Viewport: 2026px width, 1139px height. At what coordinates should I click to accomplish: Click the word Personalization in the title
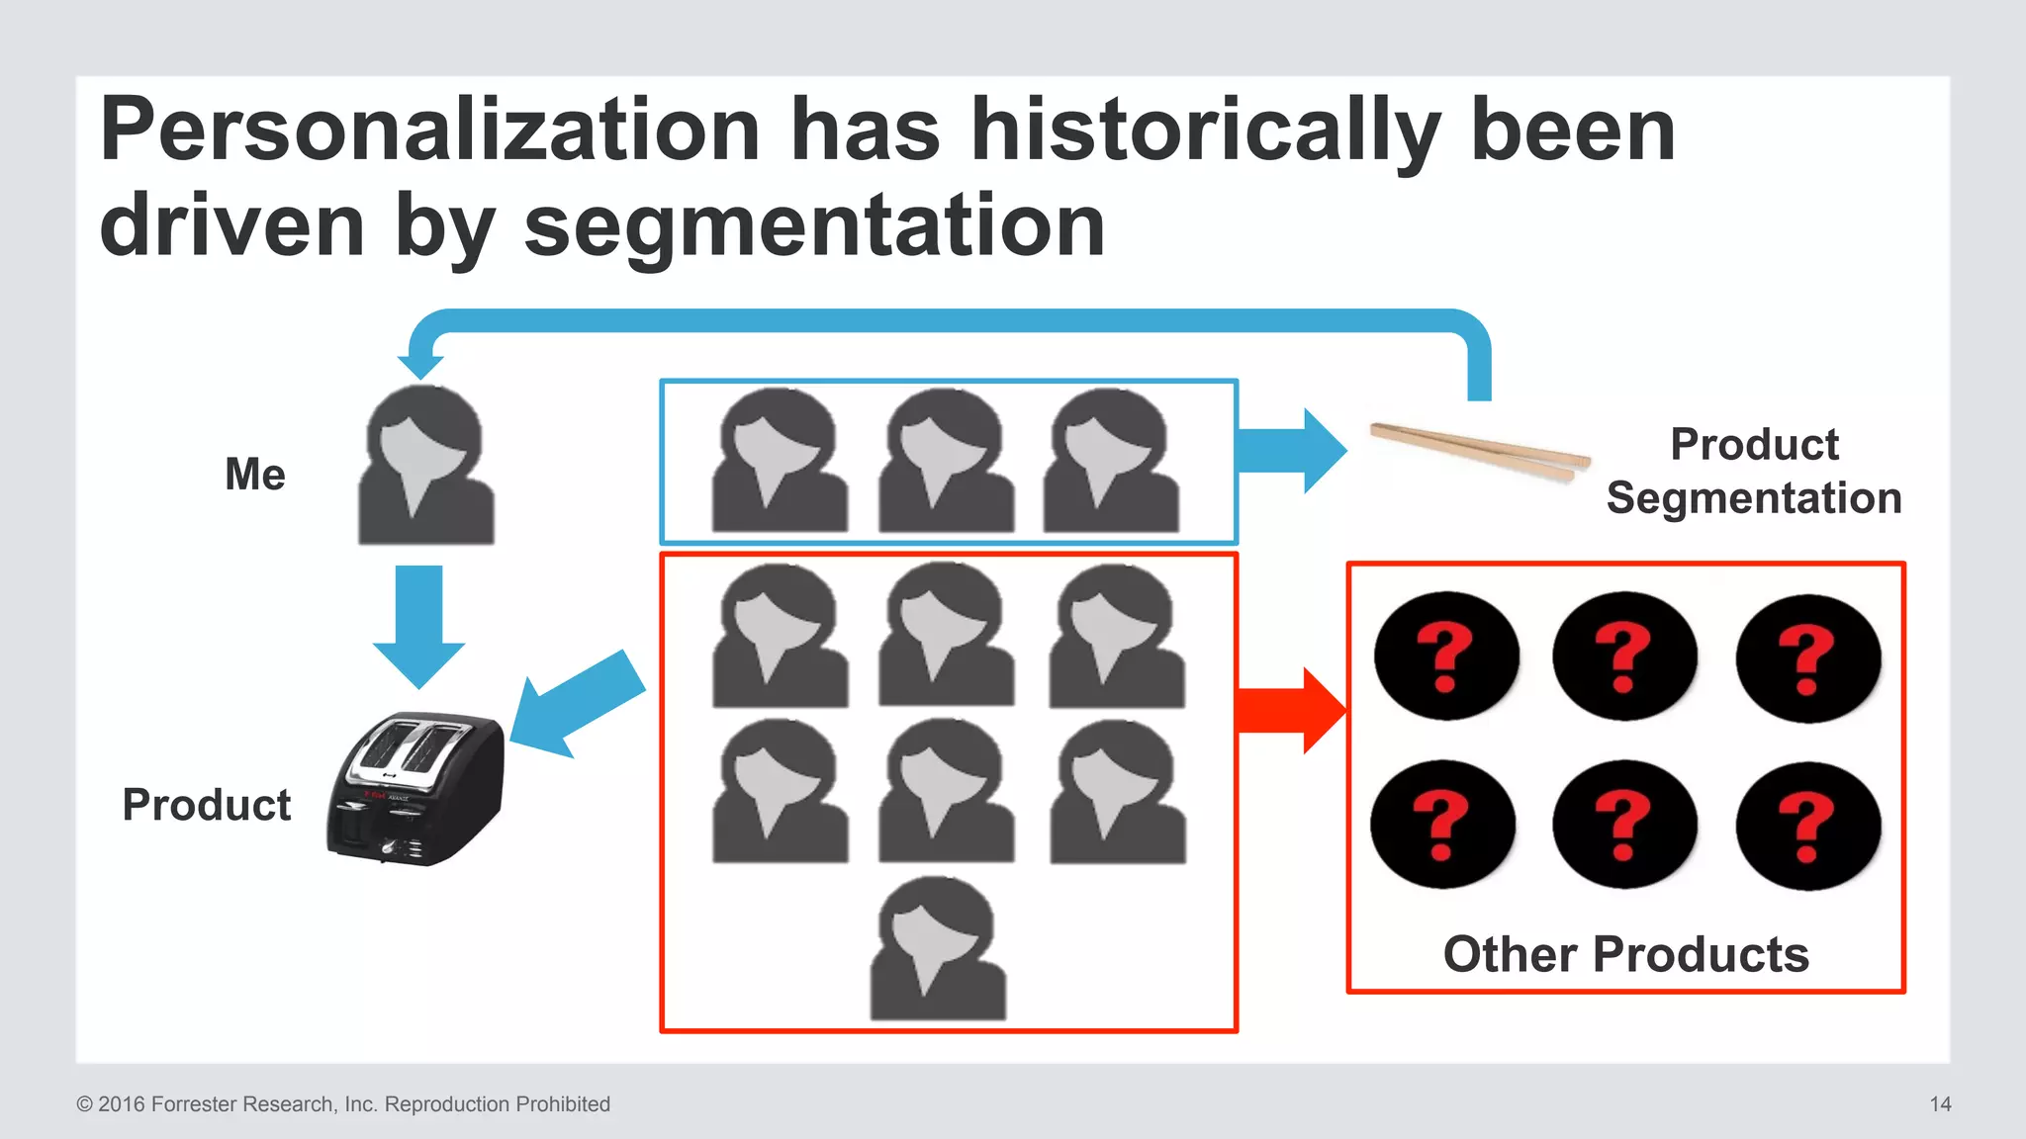(x=430, y=131)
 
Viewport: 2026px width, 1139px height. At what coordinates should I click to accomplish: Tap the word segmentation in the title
(x=813, y=226)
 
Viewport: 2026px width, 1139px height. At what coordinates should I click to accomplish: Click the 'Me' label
(x=255, y=475)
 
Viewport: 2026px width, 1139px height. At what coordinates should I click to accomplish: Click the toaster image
(x=417, y=788)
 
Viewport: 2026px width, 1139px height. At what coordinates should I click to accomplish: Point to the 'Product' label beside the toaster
(x=207, y=805)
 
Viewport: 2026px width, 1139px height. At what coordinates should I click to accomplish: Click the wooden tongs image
(x=1480, y=452)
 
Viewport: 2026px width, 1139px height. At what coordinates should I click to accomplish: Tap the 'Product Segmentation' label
(x=1754, y=472)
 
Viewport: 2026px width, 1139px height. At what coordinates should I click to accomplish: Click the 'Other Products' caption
(x=1625, y=954)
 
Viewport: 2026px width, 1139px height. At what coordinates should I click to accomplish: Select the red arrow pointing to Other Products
(x=1290, y=711)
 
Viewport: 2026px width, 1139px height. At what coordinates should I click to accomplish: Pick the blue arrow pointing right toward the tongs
(x=1291, y=451)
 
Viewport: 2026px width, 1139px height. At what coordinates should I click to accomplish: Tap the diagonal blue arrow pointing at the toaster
(x=577, y=703)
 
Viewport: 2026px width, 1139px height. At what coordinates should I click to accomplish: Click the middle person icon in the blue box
(x=946, y=462)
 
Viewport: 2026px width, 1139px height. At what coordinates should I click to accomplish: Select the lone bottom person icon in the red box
(x=938, y=949)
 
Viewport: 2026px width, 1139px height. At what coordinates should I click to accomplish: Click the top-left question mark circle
(x=1446, y=657)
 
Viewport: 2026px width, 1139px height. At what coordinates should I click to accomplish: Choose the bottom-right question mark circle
(x=1808, y=826)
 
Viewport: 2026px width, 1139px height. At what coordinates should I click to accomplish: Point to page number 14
(x=1940, y=1104)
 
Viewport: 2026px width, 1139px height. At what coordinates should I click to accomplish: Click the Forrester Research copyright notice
(x=343, y=1104)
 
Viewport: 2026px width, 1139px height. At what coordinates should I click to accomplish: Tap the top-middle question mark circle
(x=1624, y=657)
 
